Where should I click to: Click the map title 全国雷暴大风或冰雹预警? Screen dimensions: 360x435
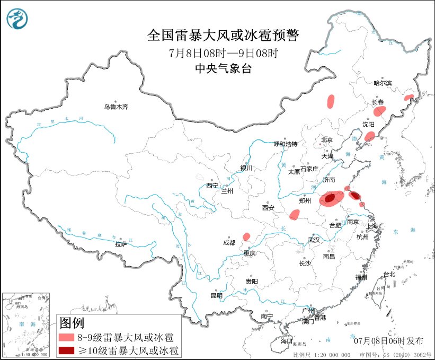[223, 36]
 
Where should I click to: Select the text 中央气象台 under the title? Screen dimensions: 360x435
[223, 68]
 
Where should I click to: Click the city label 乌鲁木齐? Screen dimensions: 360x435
[116, 107]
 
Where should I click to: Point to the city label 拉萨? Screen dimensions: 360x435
[121, 244]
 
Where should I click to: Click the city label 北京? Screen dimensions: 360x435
[326, 140]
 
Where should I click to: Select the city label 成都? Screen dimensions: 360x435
[229, 243]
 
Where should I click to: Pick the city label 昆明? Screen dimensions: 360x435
[217, 295]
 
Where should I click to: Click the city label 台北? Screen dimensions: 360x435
[389, 274]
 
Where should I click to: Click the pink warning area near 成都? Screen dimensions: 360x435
[246, 236]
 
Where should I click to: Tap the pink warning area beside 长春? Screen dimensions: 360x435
[379, 111]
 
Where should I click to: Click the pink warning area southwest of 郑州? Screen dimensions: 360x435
[294, 214]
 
